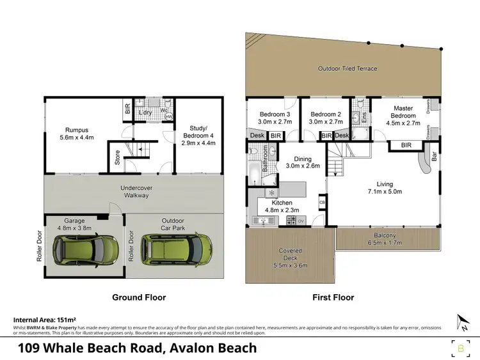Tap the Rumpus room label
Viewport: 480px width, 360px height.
[x=76, y=132]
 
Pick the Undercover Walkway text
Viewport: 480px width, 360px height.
[x=134, y=191]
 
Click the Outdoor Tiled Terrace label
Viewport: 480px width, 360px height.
[x=348, y=68]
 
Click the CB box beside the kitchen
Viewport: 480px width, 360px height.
[x=322, y=203]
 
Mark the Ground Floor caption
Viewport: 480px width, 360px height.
[x=138, y=297]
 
